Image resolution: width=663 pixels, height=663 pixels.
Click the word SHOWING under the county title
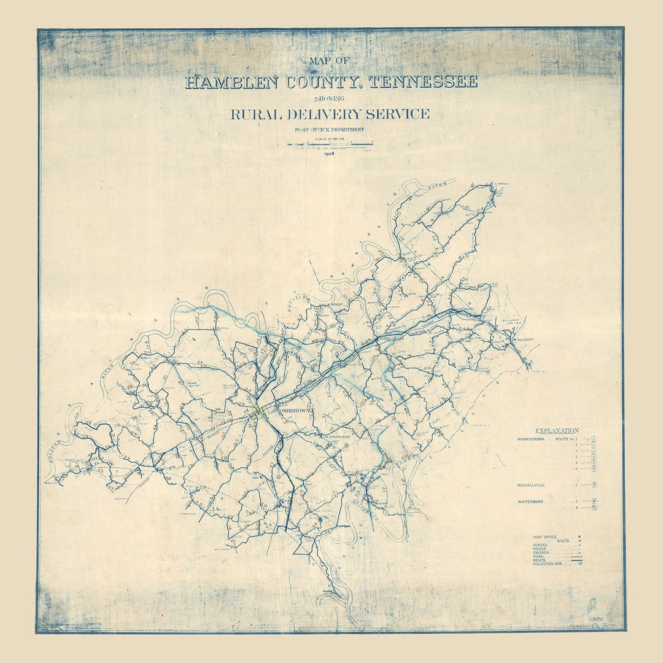click(x=330, y=98)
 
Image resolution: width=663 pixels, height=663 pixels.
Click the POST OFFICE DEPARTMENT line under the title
click(x=330, y=130)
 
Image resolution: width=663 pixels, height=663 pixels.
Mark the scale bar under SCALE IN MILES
click(x=330, y=145)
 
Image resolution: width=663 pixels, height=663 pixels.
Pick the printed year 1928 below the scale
click(x=330, y=153)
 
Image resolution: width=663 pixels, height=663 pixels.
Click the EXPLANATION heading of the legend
click(x=557, y=431)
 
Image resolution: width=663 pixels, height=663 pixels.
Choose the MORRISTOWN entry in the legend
click(x=532, y=440)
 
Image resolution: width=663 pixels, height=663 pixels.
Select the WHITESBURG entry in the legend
click(x=531, y=502)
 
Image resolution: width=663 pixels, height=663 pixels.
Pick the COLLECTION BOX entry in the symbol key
click(x=548, y=564)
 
